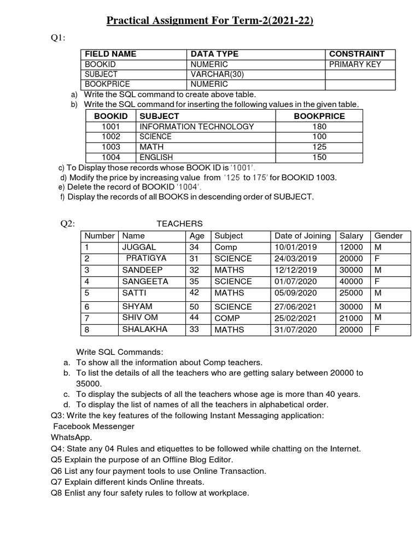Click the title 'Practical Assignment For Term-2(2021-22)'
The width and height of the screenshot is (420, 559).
click(x=209, y=21)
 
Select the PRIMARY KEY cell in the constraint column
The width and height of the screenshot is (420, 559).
click(x=355, y=64)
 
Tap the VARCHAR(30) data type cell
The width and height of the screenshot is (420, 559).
click(x=214, y=74)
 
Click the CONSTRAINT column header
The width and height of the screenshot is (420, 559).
click(x=356, y=54)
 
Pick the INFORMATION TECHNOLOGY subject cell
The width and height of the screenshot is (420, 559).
click(x=196, y=127)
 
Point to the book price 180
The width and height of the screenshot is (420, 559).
click(x=319, y=127)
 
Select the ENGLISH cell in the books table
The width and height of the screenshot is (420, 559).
click(x=156, y=157)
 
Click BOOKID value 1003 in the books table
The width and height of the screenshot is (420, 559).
click(x=111, y=147)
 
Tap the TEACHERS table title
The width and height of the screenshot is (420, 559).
click(x=179, y=224)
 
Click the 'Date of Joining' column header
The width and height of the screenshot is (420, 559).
click(x=302, y=236)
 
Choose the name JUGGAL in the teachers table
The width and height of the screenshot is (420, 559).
click(x=139, y=247)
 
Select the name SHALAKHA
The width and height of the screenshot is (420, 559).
click(x=144, y=329)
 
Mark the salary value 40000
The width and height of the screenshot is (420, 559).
click(x=351, y=282)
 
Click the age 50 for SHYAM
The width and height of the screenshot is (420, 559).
click(x=194, y=307)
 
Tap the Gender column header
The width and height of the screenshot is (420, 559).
click(x=388, y=236)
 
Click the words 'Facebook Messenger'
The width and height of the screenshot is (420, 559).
click(x=94, y=426)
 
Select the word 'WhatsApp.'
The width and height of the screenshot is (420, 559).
click(x=72, y=437)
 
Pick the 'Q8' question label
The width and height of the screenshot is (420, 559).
click(x=57, y=493)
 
